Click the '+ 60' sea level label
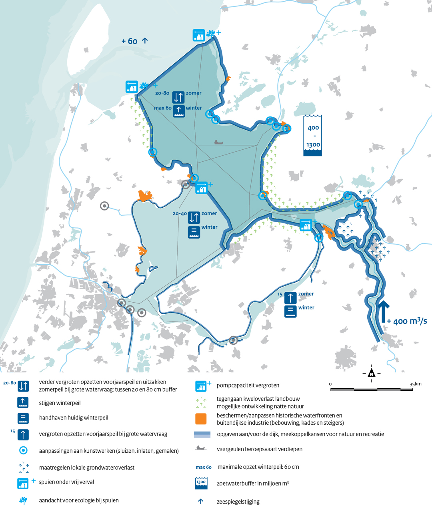point(130,41)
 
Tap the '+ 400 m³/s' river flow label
point(407,321)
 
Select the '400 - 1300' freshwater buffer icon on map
point(313,136)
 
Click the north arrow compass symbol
point(372,373)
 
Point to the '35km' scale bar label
point(416,384)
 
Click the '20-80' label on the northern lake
point(162,93)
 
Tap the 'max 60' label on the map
point(163,108)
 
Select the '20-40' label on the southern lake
point(180,214)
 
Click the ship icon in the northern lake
point(218,142)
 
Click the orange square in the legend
point(201,419)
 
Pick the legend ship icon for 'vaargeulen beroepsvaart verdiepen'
point(201,448)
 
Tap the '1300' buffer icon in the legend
point(201,483)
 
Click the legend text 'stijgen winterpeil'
point(60,403)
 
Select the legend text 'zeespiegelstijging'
point(238,502)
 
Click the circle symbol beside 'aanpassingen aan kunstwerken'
point(23,450)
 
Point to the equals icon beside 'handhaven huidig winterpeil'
point(23,418)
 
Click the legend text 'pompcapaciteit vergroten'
point(248,386)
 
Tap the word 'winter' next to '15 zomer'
point(306,308)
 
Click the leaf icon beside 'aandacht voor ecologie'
point(23,500)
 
